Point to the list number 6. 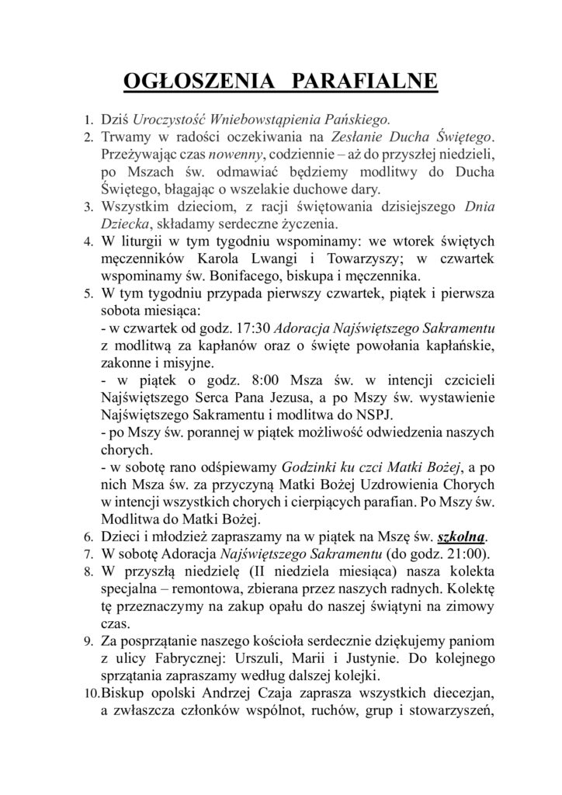pyautogui.click(x=88, y=536)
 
